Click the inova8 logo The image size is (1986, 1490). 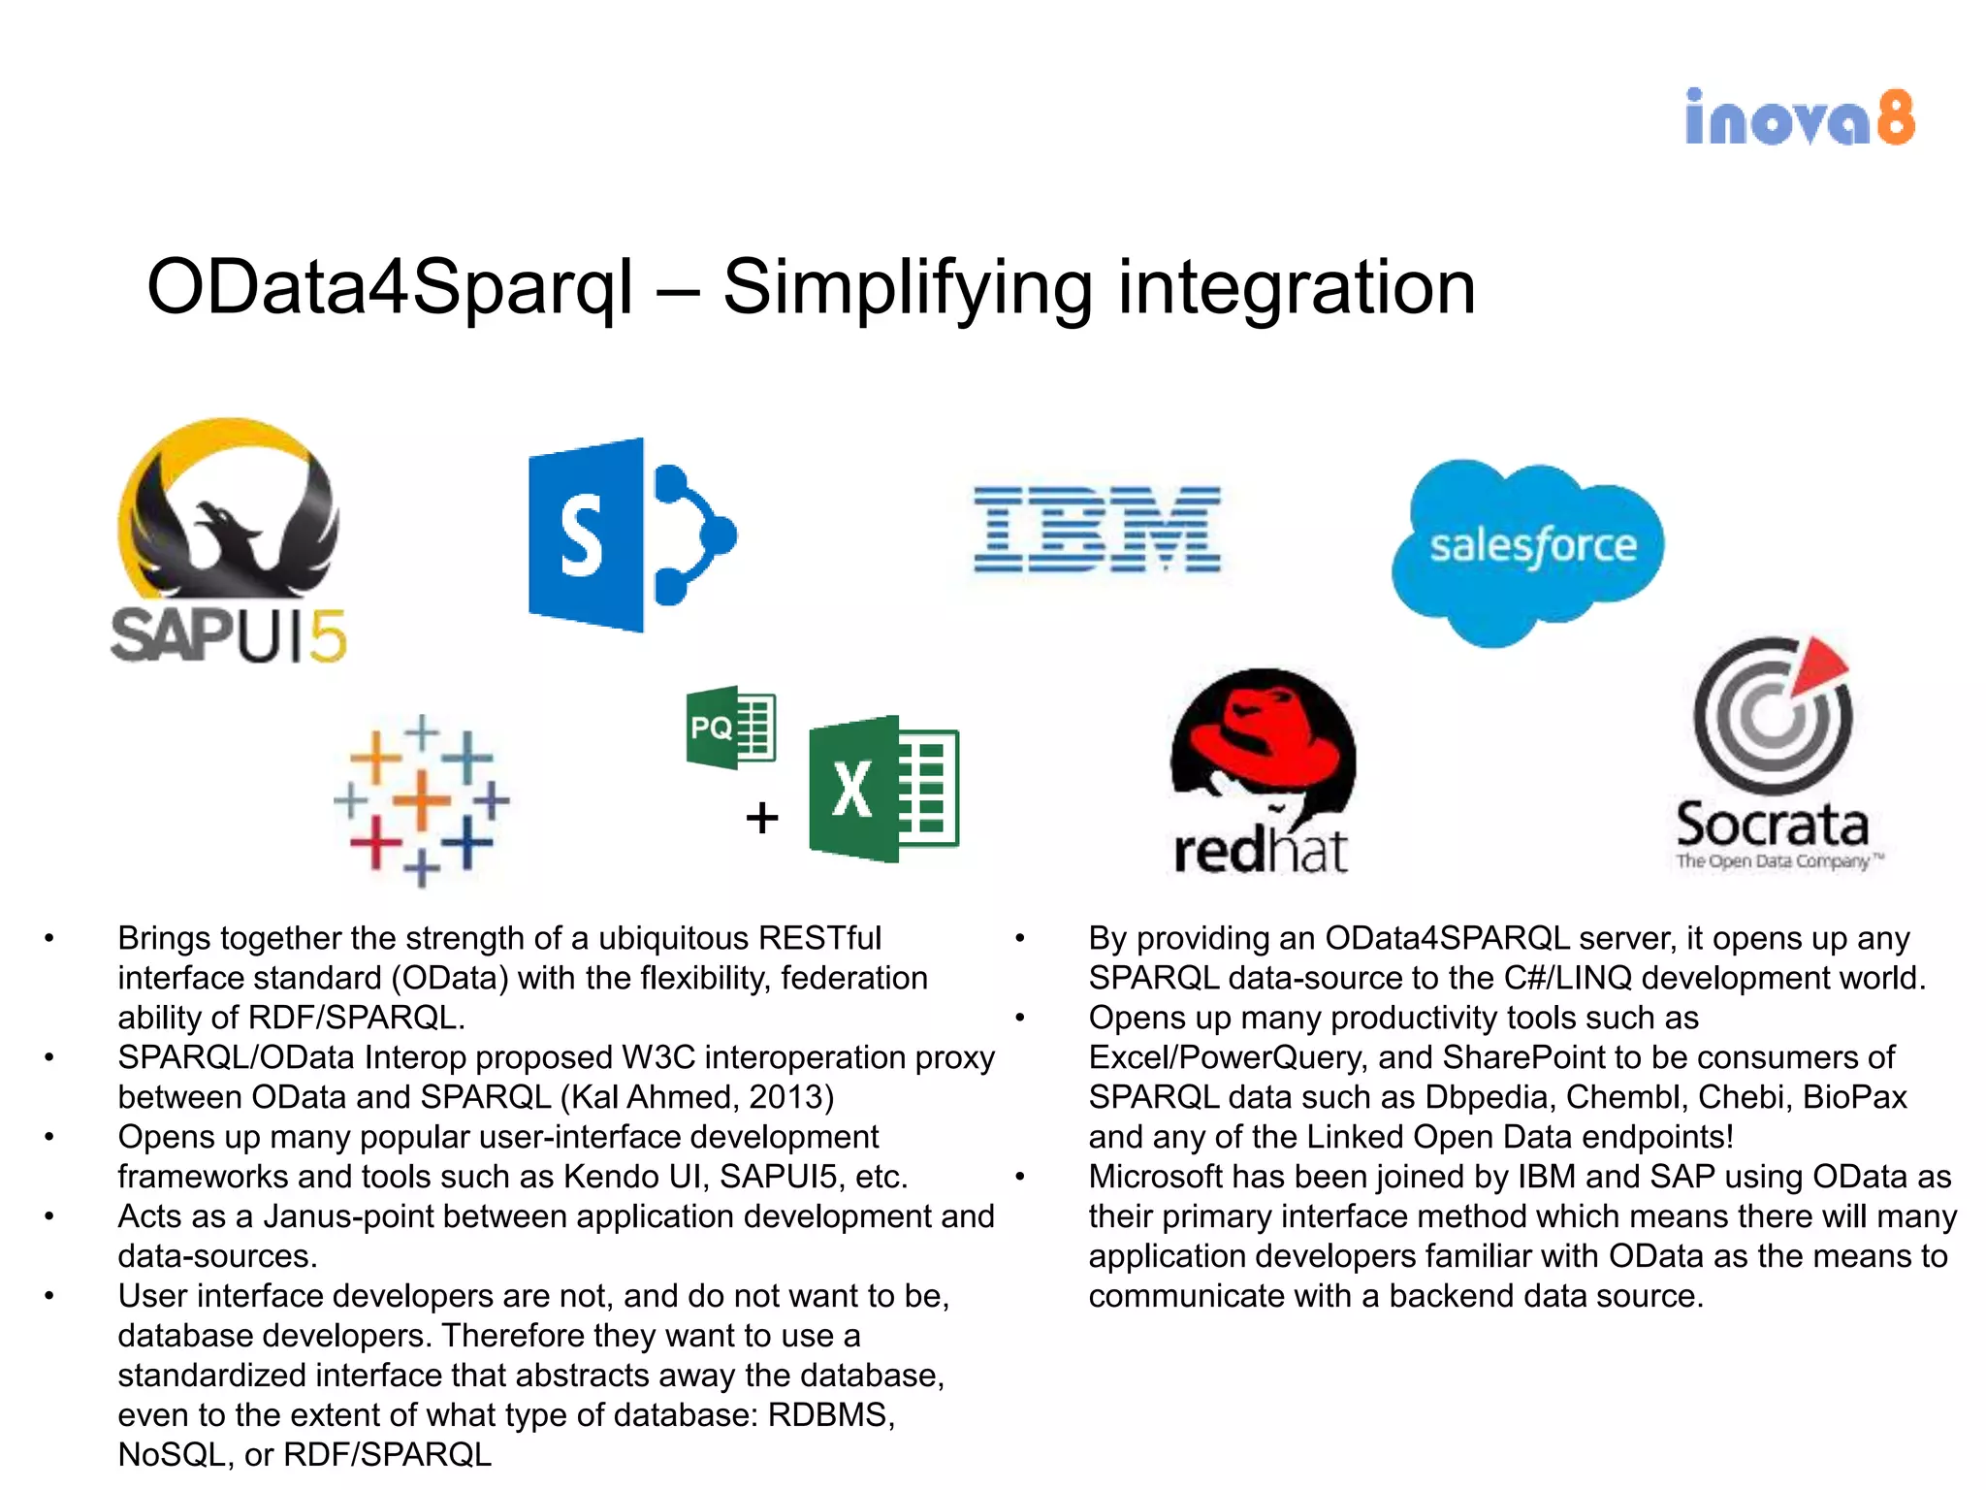1800,118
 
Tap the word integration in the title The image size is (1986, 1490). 1297,288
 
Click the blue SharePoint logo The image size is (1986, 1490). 630,535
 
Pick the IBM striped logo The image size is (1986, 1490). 1097,530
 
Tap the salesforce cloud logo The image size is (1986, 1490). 1529,549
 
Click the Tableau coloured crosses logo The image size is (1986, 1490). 422,801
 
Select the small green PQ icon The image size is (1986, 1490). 730,727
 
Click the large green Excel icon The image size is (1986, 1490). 883,789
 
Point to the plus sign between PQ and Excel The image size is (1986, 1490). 762,818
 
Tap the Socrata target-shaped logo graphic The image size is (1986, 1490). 1773,714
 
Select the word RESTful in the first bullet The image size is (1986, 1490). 819,939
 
